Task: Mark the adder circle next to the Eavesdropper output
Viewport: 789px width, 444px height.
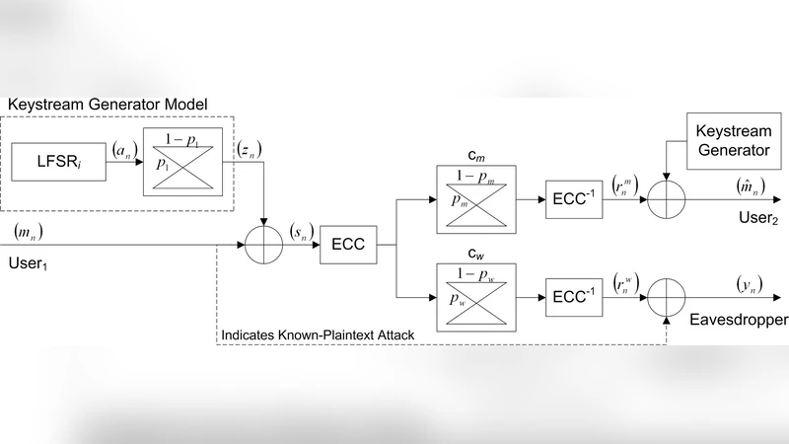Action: pyautogui.click(x=666, y=296)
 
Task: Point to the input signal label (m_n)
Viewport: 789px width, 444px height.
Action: pyautogui.click(x=30, y=233)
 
